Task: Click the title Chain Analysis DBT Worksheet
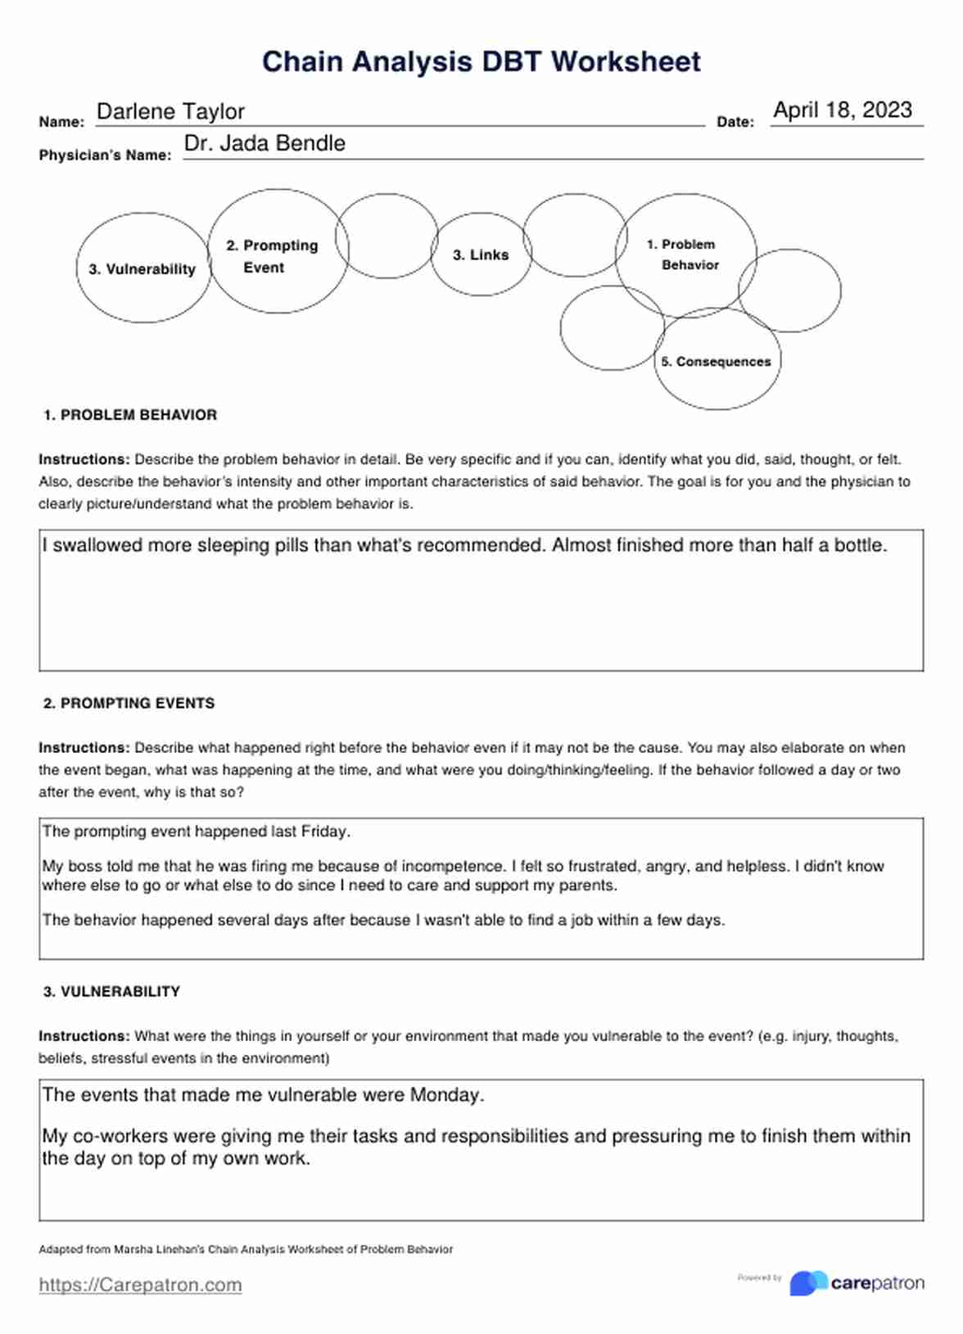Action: pyautogui.click(x=481, y=61)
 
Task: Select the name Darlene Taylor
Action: pyautogui.click(x=170, y=111)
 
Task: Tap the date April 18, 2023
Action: pyautogui.click(x=842, y=110)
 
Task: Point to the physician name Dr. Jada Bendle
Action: pyautogui.click(x=264, y=143)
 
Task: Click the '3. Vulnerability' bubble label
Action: pyautogui.click(x=142, y=269)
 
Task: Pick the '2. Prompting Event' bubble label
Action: pyautogui.click(x=272, y=256)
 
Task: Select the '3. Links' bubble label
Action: pyautogui.click(x=481, y=255)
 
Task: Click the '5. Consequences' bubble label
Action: pyautogui.click(x=716, y=362)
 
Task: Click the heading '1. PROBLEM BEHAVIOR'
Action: pyautogui.click(x=130, y=415)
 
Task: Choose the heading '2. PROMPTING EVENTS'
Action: pyautogui.click(x=129, y=703)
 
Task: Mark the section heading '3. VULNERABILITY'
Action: pyautogui.click(x=111, y=991)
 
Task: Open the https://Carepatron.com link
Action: pyautogui.click(x=140, y=1285)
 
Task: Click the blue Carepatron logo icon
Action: pyautogui.click(x=807, y=1282)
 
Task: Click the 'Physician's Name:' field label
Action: pyautogui.click(x=105, y=155)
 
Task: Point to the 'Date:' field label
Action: pyautogui.click(x=735, y=122)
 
